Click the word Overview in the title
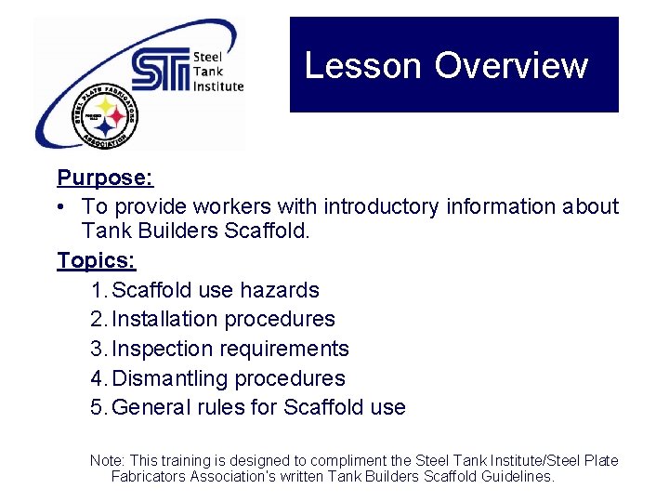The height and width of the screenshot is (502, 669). pos(511,66)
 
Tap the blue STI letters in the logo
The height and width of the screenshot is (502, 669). pos(160,72)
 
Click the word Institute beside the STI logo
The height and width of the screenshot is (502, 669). pos(217,86)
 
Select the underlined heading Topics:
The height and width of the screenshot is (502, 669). pos(96,259)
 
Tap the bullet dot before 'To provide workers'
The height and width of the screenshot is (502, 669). pos(62,206)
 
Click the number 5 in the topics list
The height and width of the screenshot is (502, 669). pos(98,408)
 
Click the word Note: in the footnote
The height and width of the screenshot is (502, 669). pos(106,461)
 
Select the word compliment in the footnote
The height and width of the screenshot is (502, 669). pos(353,461)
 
